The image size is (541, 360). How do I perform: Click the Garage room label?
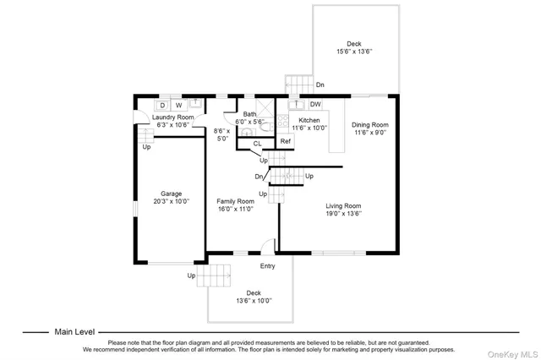172,194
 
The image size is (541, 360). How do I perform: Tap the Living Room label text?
344,205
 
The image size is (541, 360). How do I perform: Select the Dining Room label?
369,125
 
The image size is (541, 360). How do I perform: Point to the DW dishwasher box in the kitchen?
314,105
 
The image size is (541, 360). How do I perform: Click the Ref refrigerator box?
286,141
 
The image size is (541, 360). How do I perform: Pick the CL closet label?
257,145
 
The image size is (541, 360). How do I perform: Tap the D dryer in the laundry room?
163,105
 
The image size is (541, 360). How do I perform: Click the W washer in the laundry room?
178,105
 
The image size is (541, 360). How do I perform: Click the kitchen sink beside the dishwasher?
298,105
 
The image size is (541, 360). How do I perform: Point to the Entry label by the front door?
267,266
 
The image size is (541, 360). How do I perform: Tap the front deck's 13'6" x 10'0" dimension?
254,301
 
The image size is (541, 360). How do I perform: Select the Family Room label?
235,201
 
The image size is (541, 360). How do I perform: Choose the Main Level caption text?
75,332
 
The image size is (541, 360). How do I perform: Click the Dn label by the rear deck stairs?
320,85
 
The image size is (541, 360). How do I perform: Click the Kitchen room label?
308,121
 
